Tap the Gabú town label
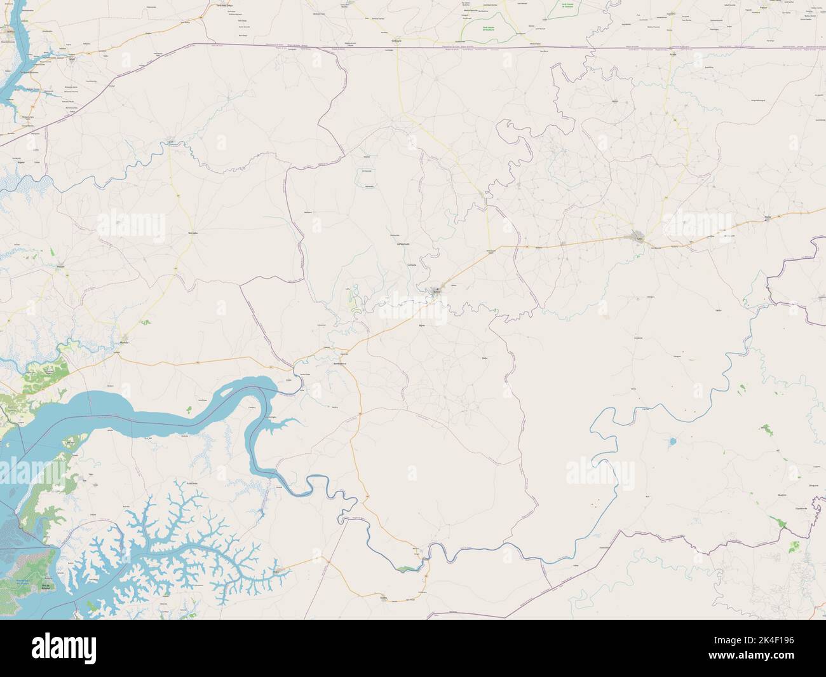[x=640, y=240]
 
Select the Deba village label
[x=484, y=359]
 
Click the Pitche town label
[x=768, y=217]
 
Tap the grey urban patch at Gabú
[x=640, y=237]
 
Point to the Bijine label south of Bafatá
[x=421, y=325]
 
